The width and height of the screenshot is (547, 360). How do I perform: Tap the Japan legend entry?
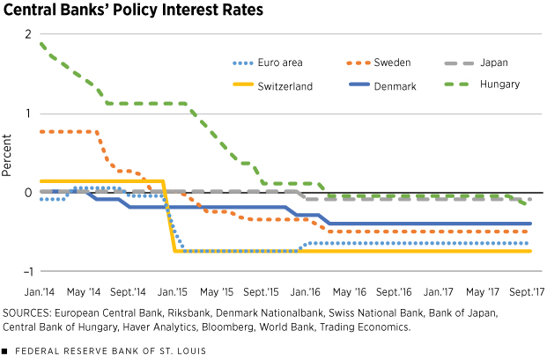click(499, 62)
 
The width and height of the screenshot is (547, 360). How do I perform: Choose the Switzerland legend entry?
click(281, 85)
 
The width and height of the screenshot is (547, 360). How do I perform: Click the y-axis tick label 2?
click(29, 34)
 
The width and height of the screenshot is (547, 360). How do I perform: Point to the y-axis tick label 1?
click(29, 114)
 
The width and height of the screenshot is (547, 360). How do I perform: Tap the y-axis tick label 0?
click(29, 193)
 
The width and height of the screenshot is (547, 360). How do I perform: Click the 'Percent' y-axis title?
click(9, 152)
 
